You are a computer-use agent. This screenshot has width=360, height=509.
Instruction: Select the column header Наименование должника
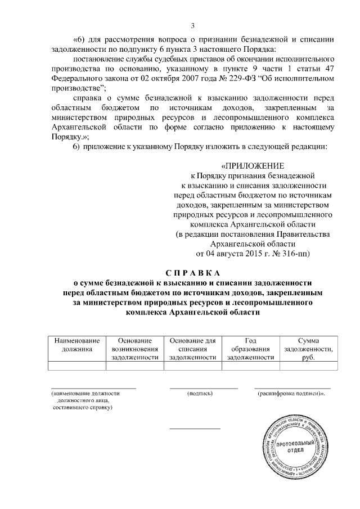coord(77,344)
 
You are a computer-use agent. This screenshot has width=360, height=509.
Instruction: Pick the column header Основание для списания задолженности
coord(193,348)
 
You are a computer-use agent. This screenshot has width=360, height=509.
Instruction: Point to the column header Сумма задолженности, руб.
coord(308,348)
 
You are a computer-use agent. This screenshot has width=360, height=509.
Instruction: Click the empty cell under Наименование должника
coord(77,366)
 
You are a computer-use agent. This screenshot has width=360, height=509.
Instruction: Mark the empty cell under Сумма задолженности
coord(308,366)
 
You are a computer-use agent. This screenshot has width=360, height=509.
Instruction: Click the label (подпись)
coord(199,394)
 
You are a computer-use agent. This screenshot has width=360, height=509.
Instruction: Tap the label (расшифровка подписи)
coord(292,394)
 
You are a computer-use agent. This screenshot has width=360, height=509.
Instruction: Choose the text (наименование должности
coord(85,394)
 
